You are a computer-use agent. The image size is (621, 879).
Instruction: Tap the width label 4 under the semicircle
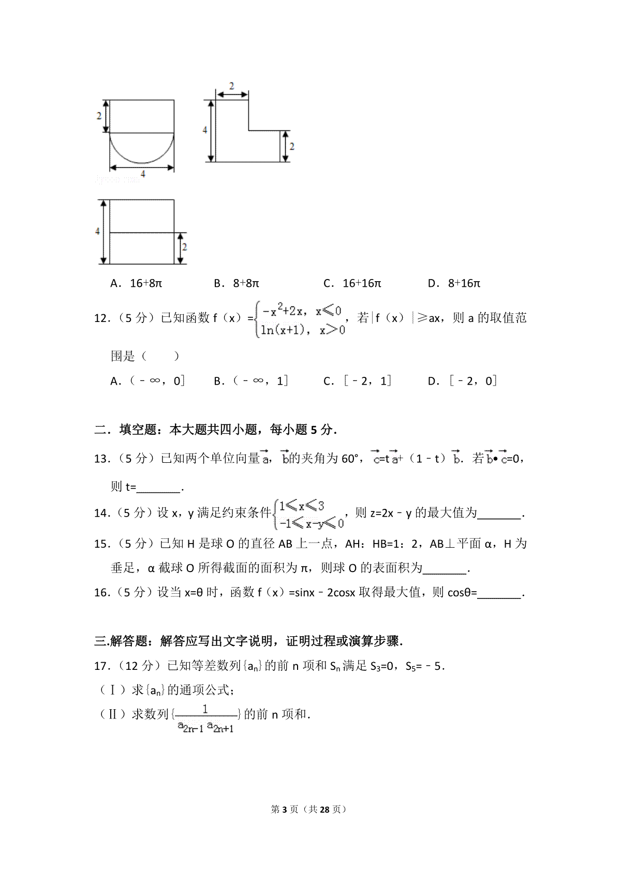[x=143, y=174]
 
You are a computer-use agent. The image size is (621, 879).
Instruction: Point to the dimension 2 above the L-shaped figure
[x=231, y=85]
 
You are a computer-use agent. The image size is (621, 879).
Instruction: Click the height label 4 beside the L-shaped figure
[x=205, y=130]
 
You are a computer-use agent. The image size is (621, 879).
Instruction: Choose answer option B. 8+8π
[x=236, y=283]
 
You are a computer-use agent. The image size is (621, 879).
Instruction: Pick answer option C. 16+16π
[x=352, y=283]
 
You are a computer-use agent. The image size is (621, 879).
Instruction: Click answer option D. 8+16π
[x=454, y=283]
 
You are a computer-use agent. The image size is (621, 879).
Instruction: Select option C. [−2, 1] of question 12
[x=358, y=381]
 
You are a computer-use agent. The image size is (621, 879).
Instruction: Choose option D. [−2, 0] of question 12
[x=462, y=381]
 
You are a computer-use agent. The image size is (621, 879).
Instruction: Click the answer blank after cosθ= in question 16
[x=499, y=593]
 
